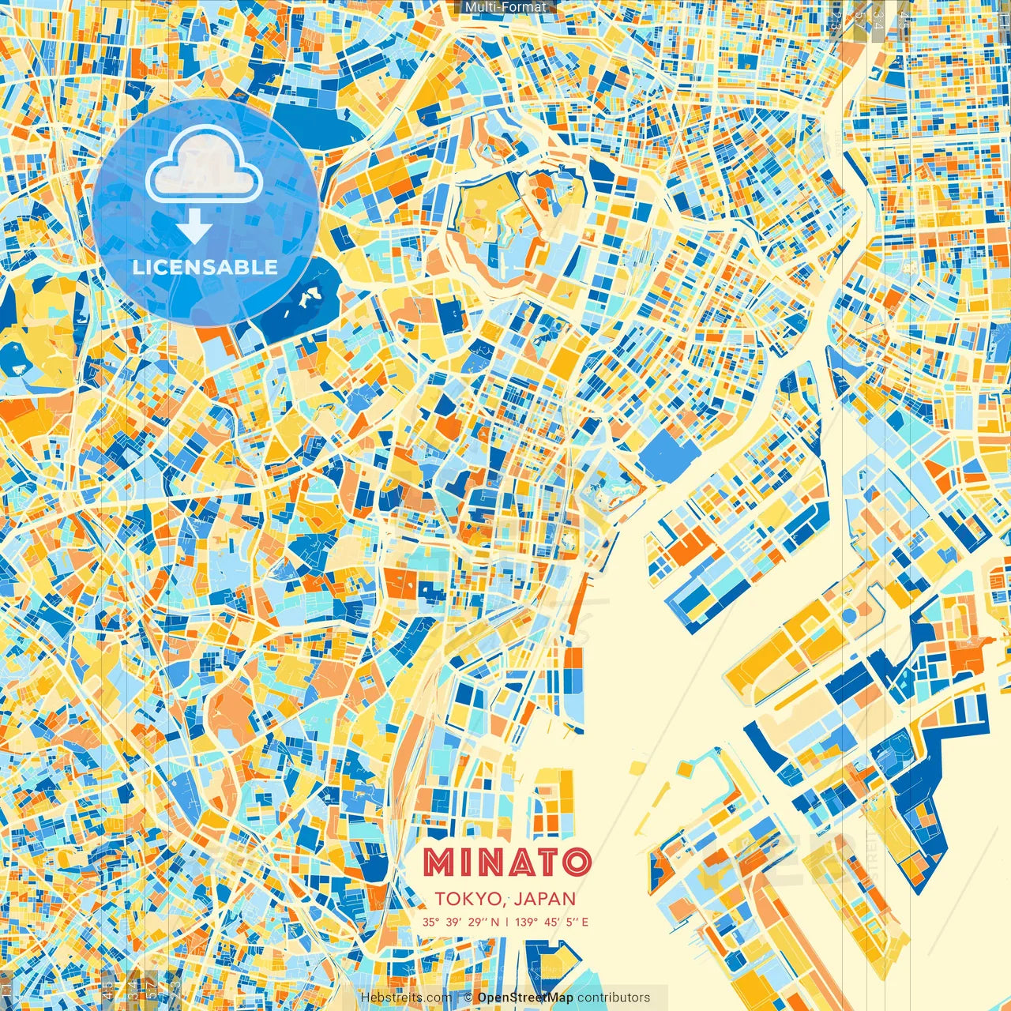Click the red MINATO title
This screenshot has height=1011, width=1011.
tap(506, 862)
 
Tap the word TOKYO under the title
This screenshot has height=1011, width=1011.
tap(468, 899)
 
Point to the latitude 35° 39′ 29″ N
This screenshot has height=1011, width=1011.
tap(460, 922)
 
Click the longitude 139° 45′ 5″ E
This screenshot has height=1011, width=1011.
tap(551, 922)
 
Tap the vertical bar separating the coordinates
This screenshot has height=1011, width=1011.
tap(506, 922)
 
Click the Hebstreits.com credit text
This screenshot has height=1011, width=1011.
tap(406, 998)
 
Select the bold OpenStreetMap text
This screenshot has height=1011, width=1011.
tap(524, 998)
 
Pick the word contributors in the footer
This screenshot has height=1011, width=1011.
tap(614, 998)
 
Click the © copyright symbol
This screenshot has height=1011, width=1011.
tap(468, 998)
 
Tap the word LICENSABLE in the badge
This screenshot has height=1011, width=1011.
tap(205, 267)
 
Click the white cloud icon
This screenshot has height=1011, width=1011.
tap(204, 164)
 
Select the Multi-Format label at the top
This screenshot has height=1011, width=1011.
tap(505, 7)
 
